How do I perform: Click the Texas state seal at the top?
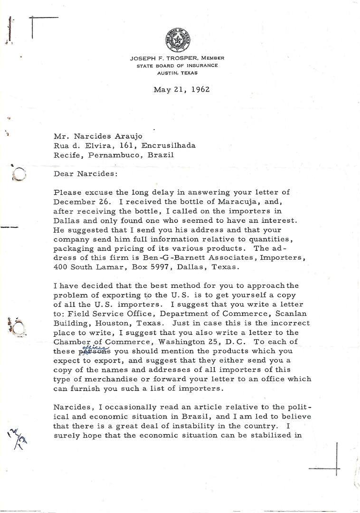(177, 40)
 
